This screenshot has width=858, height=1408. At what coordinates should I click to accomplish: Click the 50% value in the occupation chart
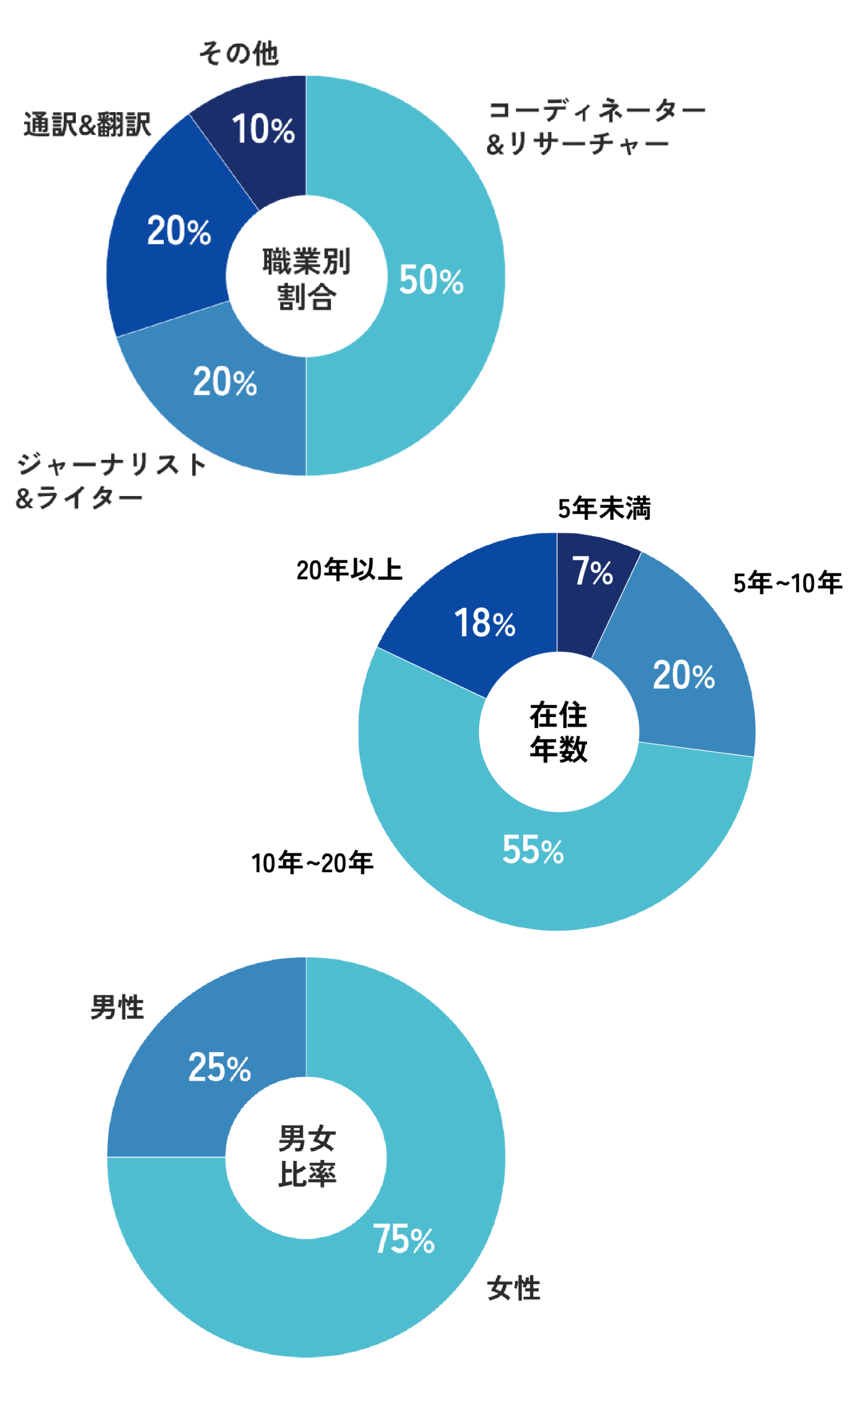(x=431, y=280)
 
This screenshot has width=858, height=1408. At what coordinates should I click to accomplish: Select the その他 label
(x=238, y=54)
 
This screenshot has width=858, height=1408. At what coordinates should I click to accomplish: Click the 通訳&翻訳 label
(x=87, y=124)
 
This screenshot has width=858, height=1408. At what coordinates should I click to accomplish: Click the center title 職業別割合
(x=306, y=278)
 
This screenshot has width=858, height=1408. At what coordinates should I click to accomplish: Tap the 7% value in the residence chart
(x=592, y=571)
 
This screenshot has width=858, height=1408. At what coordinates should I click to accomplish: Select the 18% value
(x=484, y=623)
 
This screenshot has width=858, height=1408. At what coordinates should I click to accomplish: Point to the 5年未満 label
(x=604, y=508)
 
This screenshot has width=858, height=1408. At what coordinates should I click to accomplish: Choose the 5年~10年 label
(x=787, y=583)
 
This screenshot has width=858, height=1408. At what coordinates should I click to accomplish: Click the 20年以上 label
(x=349, y=570)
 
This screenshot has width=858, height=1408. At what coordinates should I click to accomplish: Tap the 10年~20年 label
(x=312, y=863)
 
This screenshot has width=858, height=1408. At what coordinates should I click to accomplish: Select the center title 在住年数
(x=558, y=732)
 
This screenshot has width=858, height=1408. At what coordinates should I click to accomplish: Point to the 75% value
(x=403, y=1239)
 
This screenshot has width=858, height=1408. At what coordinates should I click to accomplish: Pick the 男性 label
(x=117, y=1008)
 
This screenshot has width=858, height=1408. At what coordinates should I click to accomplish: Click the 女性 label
(x=513, y=1289)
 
